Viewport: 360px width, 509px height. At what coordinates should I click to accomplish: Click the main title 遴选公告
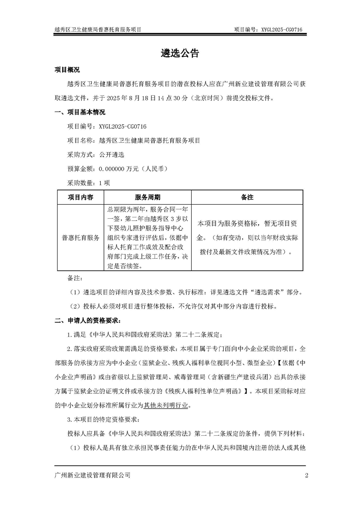180,53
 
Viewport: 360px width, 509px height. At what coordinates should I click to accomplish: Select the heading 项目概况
67,70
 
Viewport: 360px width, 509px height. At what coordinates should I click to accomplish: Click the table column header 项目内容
81,197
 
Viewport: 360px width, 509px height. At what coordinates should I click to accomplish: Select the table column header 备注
247,197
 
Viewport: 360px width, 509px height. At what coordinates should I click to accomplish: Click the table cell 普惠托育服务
81,237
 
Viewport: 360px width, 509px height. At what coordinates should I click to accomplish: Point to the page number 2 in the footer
306,475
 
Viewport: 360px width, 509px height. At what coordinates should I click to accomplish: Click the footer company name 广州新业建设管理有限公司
92,475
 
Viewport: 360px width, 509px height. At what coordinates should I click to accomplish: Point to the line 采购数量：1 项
88,183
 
